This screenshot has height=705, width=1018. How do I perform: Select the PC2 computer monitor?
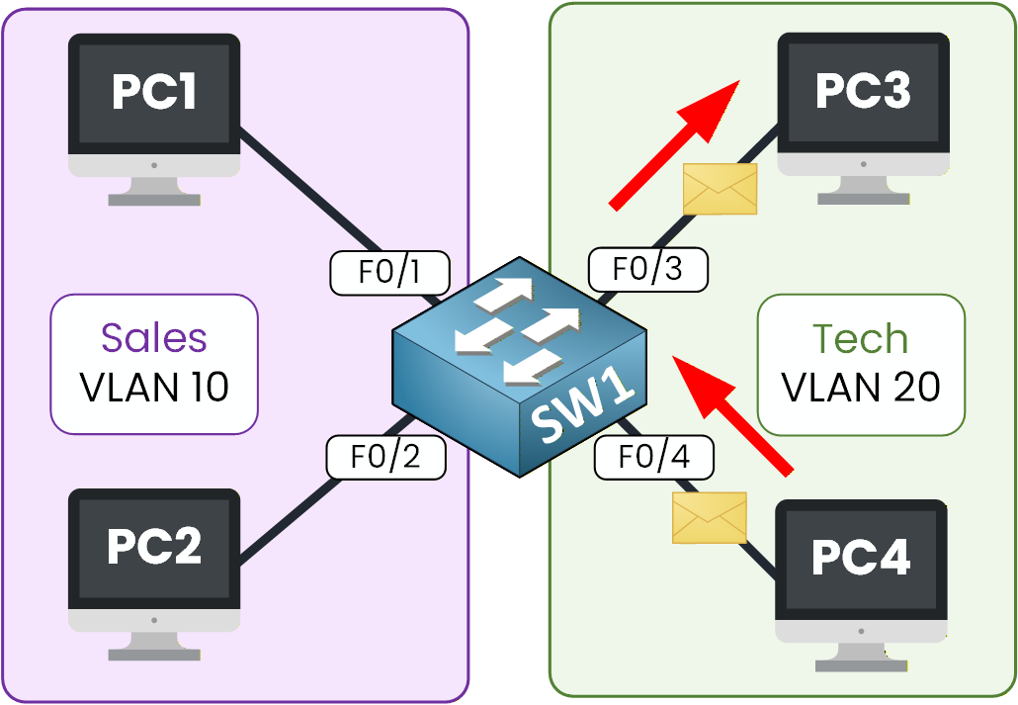[153, 548]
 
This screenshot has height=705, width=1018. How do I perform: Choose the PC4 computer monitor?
[860, 560]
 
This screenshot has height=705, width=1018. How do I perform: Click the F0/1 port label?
[389, 273]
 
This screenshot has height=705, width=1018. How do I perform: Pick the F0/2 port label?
[385, 458]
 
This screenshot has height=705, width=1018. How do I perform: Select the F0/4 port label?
[653, 457]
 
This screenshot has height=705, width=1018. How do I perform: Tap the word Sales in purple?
[154, 338]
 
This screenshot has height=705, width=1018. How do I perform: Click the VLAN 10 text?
[154, 387]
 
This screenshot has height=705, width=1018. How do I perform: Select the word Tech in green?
[860, 339]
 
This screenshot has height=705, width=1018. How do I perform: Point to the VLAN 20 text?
[860, 388]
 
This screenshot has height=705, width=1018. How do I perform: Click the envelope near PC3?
[721, 188]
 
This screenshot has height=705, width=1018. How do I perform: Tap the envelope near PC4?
[709, 517]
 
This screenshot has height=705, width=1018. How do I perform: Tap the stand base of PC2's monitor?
[153, 653]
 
